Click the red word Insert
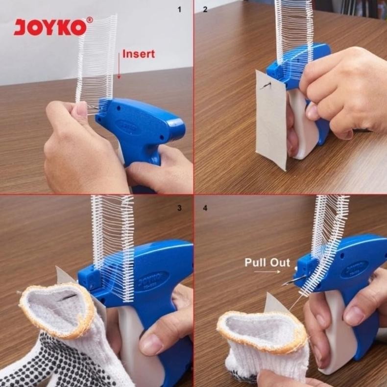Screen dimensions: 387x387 (x=138, y=54)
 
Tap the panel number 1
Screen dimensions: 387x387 (x=179, y=9)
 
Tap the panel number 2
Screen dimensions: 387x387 (x=205, y=9)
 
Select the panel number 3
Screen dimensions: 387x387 (x=179, y=208)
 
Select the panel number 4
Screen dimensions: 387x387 (x=205, y=208)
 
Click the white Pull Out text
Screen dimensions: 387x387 (x=267, y=262)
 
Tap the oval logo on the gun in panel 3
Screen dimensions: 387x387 (x=152, y=282)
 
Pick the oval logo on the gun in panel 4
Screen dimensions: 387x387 (x=355, y=269)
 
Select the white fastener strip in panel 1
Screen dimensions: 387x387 (x=97, y=59)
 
